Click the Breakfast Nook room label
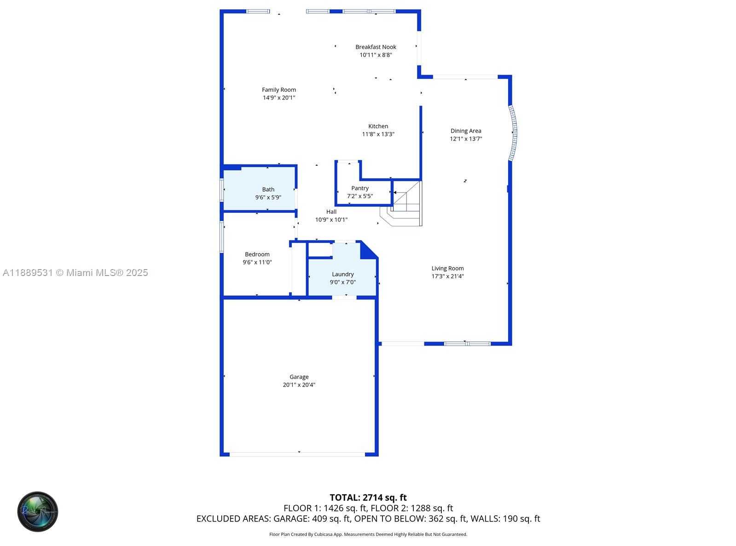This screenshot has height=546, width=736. click(376, 47)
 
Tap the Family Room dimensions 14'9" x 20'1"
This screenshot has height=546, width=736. click(279, 98)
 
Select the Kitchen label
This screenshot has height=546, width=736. click(378, 126)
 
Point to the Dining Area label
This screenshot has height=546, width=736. click(465, 131)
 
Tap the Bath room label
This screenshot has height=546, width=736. click(268, 189)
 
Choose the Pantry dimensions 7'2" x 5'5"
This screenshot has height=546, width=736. click(359, 196)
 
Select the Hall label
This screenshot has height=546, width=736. click(331, 211)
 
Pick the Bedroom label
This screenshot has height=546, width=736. click(257, 254)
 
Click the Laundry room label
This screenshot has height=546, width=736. click(343, 275)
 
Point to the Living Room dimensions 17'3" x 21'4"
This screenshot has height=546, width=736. click(447, 276)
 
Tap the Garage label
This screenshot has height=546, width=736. click(299, 377)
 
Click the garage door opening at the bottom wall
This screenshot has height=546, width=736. click(297, 454)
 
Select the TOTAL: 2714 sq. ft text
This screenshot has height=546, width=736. click(368, 498)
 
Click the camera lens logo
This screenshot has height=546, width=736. click(37, 511)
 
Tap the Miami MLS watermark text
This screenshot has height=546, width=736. click(75, 273)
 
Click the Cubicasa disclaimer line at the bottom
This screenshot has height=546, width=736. click(368, 534)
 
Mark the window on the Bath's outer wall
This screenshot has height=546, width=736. click(222, 190)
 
